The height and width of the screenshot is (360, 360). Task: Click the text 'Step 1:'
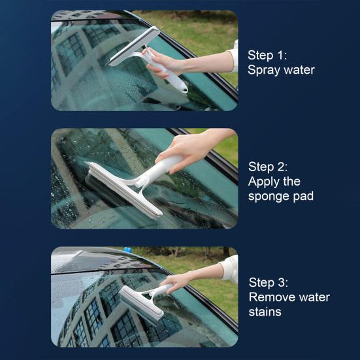point(267,56)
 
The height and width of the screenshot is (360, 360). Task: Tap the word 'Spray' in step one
point(263,71)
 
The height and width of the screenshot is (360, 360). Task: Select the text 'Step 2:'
point(268,167)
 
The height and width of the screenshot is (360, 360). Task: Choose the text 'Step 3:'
point(268,282)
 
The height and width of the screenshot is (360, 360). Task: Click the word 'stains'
point(265,312)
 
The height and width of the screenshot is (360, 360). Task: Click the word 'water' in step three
point(314,297)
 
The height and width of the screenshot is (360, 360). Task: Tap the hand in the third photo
point(178,282)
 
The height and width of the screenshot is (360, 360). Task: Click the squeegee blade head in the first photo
point(134,46)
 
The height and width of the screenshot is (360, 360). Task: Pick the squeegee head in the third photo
point(141,304)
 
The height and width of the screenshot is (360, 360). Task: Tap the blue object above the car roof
point(127,250)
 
